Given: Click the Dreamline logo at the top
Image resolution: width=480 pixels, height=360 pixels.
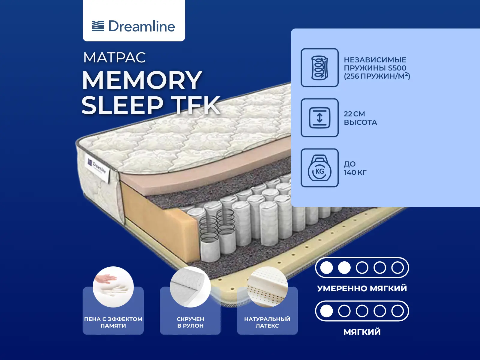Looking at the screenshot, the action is pyautogui.click(x=133, y=26).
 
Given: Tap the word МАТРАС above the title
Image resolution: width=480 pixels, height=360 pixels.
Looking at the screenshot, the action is pyautogui.click(x=114, y=58).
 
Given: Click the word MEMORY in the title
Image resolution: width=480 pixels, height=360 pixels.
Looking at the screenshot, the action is pyautogui.click(x=142, y=80).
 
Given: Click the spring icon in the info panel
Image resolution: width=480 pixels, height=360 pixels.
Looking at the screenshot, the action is pyautogui.click(x=319, y=68).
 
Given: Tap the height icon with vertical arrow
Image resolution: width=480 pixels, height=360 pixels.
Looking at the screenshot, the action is pyautogui.click(x=319, y=118).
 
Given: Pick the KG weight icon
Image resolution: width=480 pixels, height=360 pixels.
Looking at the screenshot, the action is pyautogui.click(x=319, y=168).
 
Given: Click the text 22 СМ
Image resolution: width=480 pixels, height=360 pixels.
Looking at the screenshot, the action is pyautogui.click(x=354, y=114).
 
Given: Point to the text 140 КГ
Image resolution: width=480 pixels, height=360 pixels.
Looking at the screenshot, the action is pyautogui.click(x=355, y=172).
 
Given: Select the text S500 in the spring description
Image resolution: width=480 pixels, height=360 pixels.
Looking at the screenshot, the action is pyautogui.click(x=397, y=68).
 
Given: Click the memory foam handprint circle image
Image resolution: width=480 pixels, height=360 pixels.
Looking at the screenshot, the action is pyautogui.click(x=113, y=287).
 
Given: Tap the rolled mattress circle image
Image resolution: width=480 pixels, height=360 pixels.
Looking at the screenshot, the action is pyautogui.click(x=190, y=287).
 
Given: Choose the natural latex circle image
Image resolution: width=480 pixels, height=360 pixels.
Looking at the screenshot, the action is pyautogui.click(x=267, y=287).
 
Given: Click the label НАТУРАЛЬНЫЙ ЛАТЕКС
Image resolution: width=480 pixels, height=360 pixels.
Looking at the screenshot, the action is pyautogui.click(x=267, y=322).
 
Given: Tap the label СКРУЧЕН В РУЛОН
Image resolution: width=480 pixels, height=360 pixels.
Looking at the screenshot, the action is pyautogui.click(x=190, y=322).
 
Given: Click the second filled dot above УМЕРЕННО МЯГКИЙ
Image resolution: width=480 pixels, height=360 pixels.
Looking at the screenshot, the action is pyautogui.click(x=344, y=268).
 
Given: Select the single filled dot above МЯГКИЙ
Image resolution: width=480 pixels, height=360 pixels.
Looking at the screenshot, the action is pyautogui.click(x=326, y=311).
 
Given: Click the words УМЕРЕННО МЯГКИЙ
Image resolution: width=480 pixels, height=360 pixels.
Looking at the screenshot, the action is pyautogui.click(x=362, y=288).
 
